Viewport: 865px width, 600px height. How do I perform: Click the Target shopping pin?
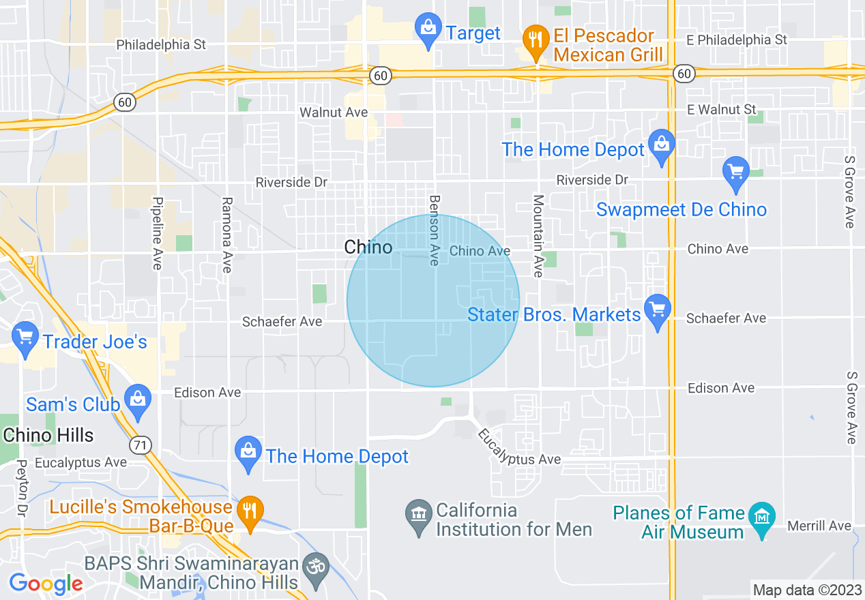point(428,29)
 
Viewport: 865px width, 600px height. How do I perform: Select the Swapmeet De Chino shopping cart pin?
point(735,172)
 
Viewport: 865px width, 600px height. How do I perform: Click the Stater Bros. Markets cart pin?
point(658,310)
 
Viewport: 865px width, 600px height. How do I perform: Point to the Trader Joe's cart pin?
point(26,337)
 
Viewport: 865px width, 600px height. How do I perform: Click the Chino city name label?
point(368,247)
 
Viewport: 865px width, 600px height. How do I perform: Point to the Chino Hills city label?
point(48,435)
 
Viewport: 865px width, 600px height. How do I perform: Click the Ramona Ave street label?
point(227,235)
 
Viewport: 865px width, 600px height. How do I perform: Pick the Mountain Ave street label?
point(538,236)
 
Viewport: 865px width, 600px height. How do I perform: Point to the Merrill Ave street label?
point(819,526)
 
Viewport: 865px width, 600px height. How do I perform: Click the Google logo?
point(46,584)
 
